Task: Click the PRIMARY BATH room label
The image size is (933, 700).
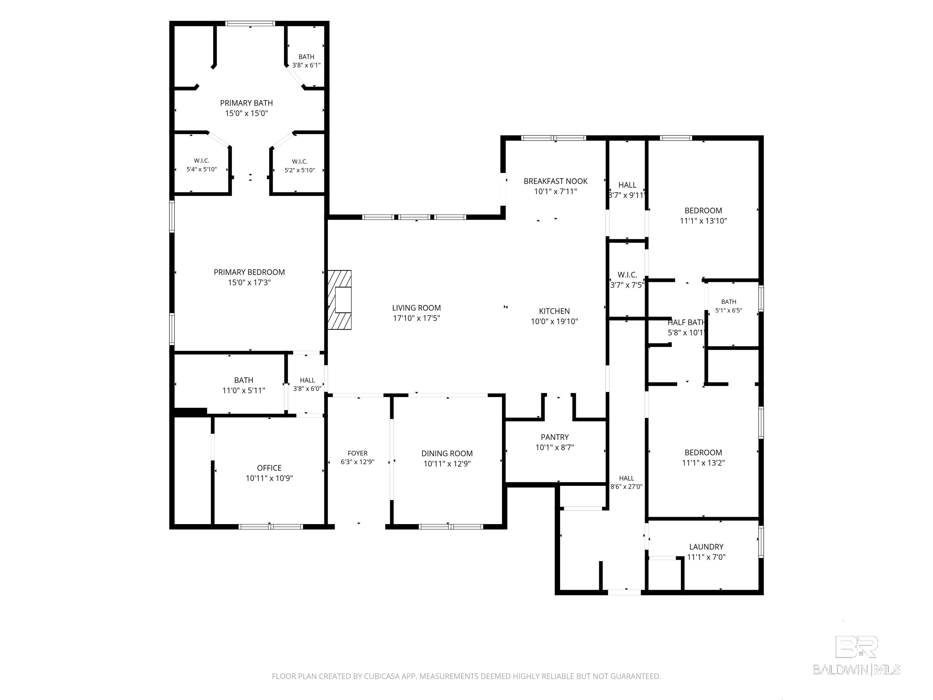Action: [x=246, y=103]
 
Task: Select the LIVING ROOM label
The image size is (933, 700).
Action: [x=416, y=308]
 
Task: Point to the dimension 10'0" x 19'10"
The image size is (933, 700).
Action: [x=554, y=321]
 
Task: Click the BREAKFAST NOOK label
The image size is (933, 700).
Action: [x=555, y=181]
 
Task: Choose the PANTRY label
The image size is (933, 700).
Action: [x=555, y=437]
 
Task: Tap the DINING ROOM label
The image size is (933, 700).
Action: [x=447, y=454]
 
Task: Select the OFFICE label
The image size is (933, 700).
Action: [x=269, y=468]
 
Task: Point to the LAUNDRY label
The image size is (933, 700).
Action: [x=706, y=547]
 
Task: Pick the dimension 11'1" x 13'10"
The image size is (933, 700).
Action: [x=703, y=221]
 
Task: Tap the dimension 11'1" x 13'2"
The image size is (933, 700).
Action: [x=703, y=463]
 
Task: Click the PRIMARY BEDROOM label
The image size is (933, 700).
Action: [x=249, y=272]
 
